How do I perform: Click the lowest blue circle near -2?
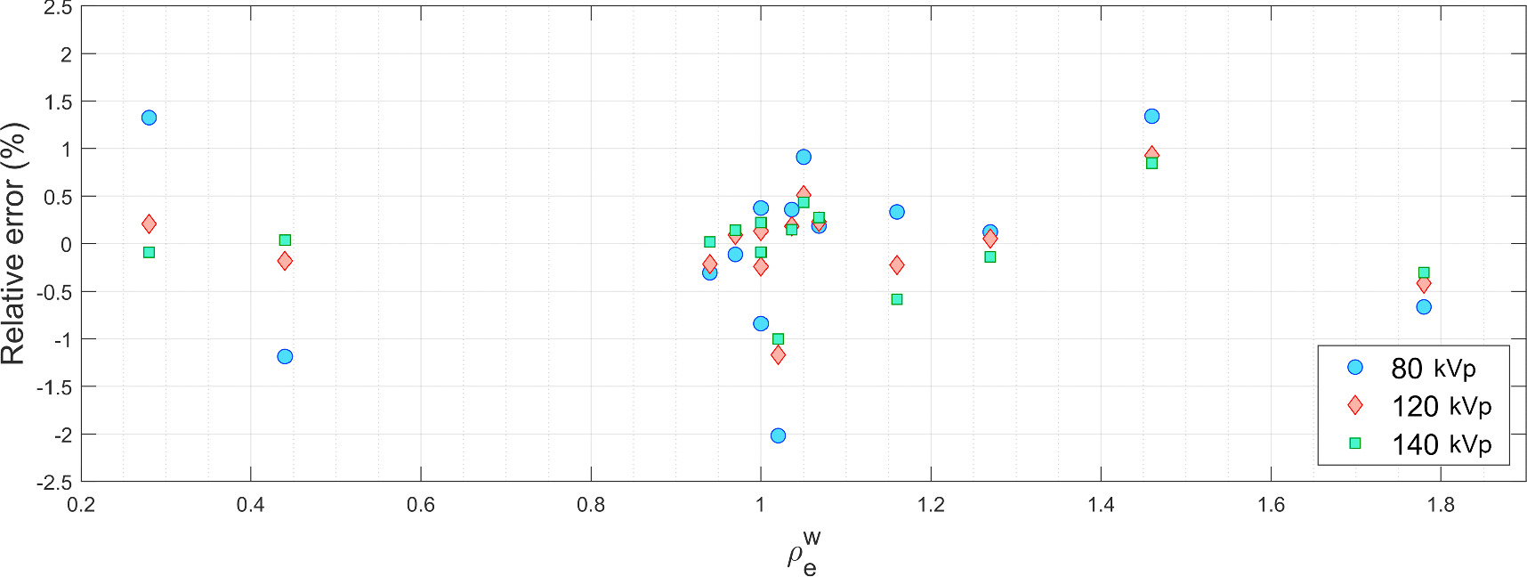coord(778,435)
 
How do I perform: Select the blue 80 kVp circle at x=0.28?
coord(149,118)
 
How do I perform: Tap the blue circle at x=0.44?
coord(285,356)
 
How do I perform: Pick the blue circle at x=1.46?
coord(1151,116)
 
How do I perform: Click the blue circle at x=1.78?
coord(1424,306)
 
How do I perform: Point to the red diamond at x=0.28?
coord(149,223)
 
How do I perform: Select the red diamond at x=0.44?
coord(285,261)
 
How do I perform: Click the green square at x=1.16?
coord(897,299)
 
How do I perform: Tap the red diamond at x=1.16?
coord(897,264)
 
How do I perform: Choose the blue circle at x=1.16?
coord(897,212)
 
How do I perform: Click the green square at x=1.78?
coord(1424,272)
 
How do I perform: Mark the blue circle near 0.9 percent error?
coord(804,157)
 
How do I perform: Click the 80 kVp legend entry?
coord(1433,368)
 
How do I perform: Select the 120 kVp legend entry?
coord(1441,406)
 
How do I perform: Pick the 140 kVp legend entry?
coord(1441,444)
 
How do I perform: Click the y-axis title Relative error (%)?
coord(15,244)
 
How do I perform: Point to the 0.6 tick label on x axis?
coord(421,505)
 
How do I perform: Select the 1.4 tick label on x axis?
coord(1101,505)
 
